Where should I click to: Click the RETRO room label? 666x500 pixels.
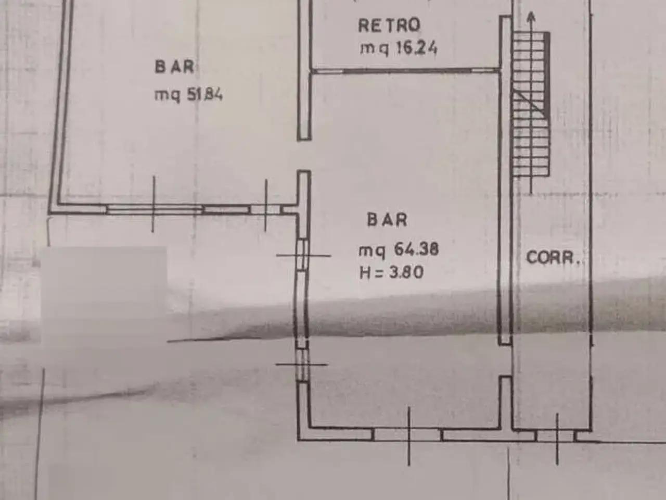[389, 25]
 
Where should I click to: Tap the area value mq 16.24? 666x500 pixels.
[399, 48]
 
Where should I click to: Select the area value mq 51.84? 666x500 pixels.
[188, 95]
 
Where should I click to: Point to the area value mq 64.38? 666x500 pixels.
[399, 251]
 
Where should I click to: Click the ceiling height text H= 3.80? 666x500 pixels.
[391, 272]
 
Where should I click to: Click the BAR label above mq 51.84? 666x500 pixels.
[174, 67]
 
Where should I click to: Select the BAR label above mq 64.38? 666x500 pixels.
[387, 219]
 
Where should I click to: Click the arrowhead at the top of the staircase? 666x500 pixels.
[531, 17]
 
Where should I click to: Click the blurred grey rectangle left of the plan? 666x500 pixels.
[104, 296]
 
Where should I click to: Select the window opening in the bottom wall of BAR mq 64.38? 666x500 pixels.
[407, 434]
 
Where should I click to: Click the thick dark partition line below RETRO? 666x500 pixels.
[406, 71]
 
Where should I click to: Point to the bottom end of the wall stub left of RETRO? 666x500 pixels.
[304, 139]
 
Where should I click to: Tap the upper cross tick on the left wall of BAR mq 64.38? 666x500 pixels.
[303, 256]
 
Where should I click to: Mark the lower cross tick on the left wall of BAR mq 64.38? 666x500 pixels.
[302, 364]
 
